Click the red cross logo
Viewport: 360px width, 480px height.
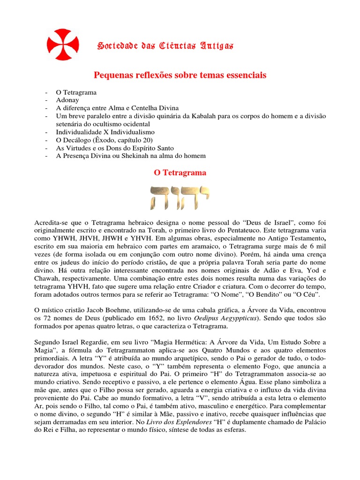pos(60,45)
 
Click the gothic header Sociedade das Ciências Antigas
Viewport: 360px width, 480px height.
pos(165,45)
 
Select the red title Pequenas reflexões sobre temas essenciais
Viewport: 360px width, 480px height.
pos(180,75)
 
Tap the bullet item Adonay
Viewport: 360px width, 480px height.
pos(67,100)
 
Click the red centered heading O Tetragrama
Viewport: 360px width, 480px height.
pos(180,173)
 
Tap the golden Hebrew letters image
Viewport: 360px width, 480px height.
pos(180,197)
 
